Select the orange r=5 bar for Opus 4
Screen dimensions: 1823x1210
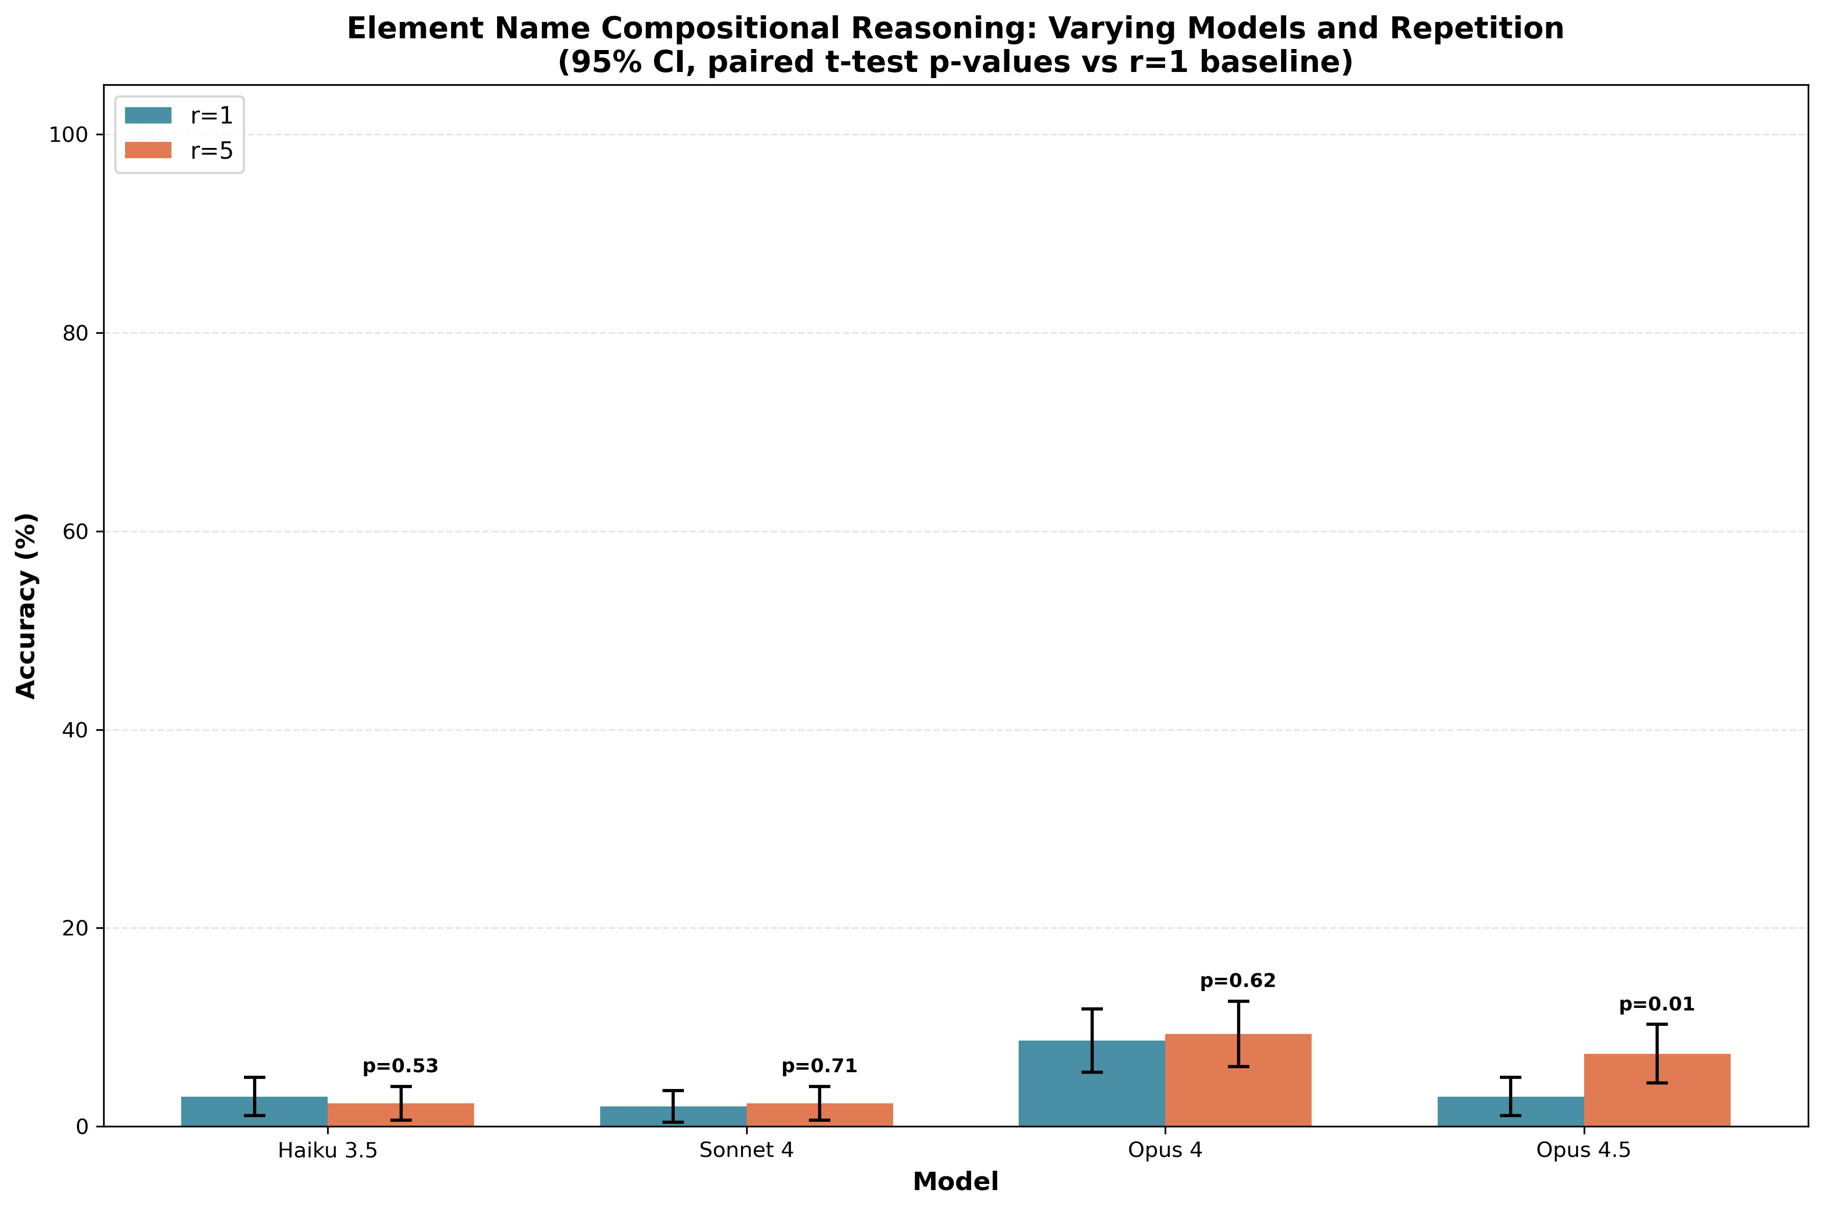[1238, 1080]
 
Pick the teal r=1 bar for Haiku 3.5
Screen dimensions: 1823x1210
[255, 1112]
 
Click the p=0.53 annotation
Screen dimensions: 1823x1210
[401, 1067]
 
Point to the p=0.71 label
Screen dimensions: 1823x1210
[819, 1067]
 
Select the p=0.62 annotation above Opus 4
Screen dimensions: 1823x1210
[1238, 981]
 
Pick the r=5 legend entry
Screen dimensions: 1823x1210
[179, 151]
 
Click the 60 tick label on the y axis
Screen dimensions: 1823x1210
[73, 532]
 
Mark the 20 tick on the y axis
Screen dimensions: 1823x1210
[73, 928]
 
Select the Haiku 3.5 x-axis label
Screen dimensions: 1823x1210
[328, 1151]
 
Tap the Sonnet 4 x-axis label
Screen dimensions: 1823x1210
[747, 1151]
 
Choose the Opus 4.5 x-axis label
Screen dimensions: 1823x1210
[1584, 1151]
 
